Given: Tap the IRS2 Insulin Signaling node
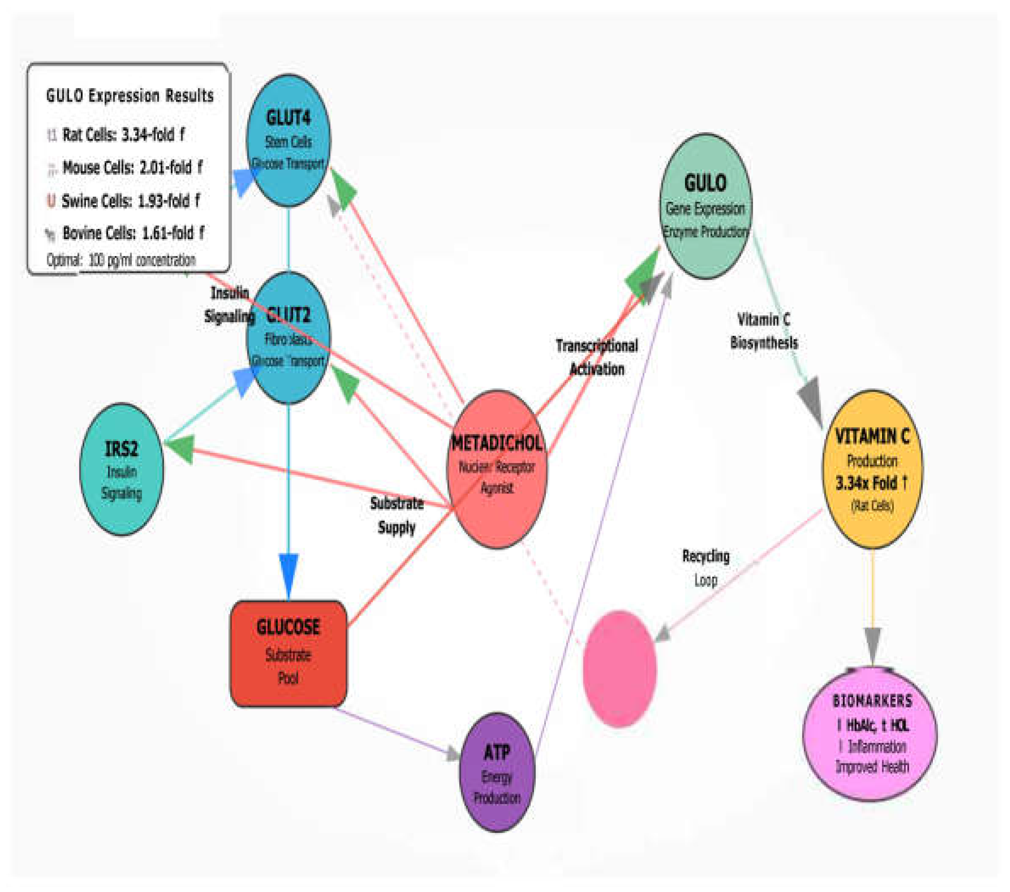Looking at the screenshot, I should [x=122, y=469].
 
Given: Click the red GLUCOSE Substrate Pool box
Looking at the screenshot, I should [x=289, y=653].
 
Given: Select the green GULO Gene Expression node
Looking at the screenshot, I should [x=706, y=206].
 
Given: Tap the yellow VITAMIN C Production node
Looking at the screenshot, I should [x=872, y=469].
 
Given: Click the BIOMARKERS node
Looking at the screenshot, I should [x=870, y=733].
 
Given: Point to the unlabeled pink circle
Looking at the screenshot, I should [x=620, y=668].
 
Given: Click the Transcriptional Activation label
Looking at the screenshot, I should [x=597, y=357].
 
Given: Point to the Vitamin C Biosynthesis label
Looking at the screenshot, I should [x=764, y=331].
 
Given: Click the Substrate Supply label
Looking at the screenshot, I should [x=397, y=515].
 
